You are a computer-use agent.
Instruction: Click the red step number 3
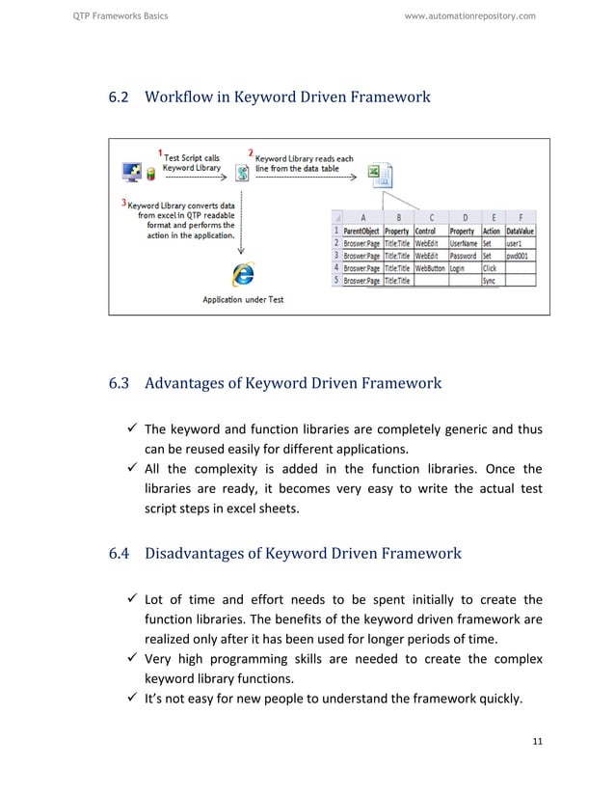pos(123,203)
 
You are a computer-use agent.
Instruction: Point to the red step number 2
pos(251,152)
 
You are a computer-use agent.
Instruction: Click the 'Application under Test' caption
pos(243,299)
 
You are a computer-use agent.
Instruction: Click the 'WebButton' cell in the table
pos(430,269)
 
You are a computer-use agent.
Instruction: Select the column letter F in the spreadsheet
pos(521,218)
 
